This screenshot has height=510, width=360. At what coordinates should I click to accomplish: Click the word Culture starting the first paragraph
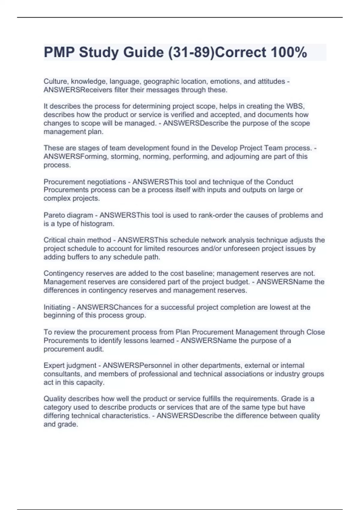pyautogui.click(x=55, y=81)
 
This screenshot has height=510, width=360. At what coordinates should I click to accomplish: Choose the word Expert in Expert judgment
pyautogui.click(x=54, y=365)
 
